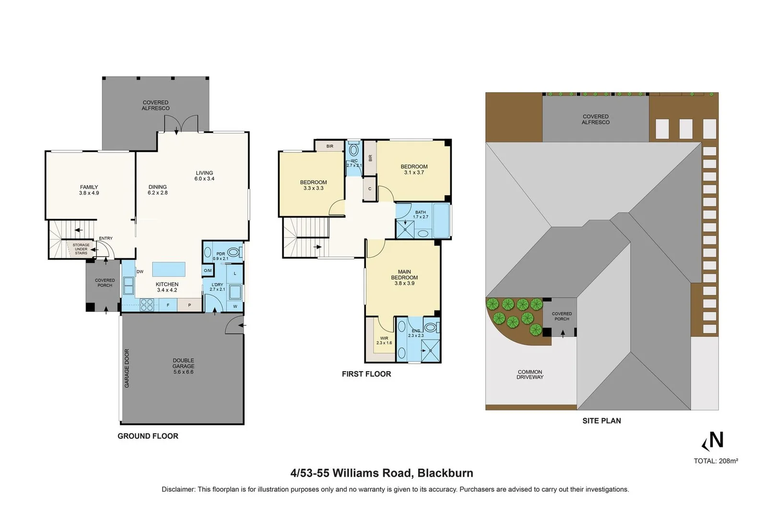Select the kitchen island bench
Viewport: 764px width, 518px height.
(x=169, y=269)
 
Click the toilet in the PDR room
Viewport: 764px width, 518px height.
(x=234, y=252)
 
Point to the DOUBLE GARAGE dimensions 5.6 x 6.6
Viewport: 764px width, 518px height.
(x=183, y=372)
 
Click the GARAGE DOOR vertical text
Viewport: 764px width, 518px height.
(x=127, y=368)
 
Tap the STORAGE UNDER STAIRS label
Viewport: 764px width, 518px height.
(x=81, y=249)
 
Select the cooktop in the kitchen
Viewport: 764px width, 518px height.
(x=147, y=305)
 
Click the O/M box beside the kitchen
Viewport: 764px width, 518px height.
(x=208, y=271)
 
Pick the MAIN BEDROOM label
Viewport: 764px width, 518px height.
(x=404, y=275)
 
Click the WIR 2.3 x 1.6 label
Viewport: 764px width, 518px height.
(x=384, y=341)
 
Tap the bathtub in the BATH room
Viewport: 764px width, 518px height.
(x=441, y=221)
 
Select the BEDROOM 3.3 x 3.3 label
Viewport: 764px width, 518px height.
(x=313, y=185)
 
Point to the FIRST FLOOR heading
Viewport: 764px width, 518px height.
(x=366, y=374)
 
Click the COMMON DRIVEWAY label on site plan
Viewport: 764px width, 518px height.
(x=530, y=375)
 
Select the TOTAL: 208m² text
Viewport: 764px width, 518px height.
(x=716, y=461)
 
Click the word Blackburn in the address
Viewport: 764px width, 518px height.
(x=445, y=473)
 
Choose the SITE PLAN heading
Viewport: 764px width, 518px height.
(x=601, y=421)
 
